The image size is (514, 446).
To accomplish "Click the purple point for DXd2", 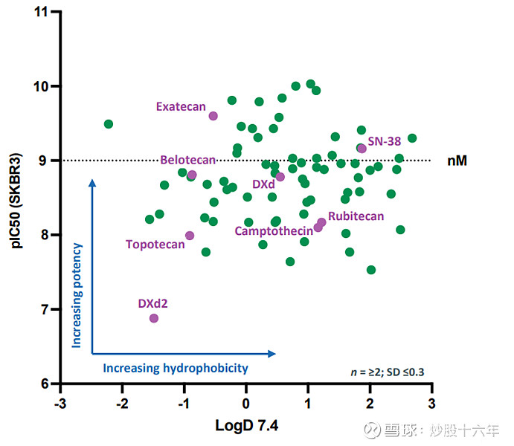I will point(154,318).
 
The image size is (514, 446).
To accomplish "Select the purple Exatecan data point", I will point(213,116).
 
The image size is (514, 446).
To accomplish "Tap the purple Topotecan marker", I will point(190,236).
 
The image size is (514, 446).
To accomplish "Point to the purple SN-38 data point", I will point(362,149).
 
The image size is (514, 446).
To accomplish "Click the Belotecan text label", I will point(187,160).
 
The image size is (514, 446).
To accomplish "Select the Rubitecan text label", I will point(356,216).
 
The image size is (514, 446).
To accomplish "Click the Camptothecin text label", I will point(274,230).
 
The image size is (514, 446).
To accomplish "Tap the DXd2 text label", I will point(153,303).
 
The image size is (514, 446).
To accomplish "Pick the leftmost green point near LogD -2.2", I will point(109,124).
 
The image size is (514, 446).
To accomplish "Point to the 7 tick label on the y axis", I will point(45,309).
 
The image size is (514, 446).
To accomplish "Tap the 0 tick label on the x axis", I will point(246,402).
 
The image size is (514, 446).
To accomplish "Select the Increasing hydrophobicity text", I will point(175,368).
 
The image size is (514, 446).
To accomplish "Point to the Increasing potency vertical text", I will point(77,294).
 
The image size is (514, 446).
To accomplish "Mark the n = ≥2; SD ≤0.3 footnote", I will point(387,370).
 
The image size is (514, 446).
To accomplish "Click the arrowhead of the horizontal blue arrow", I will point(272,354).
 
